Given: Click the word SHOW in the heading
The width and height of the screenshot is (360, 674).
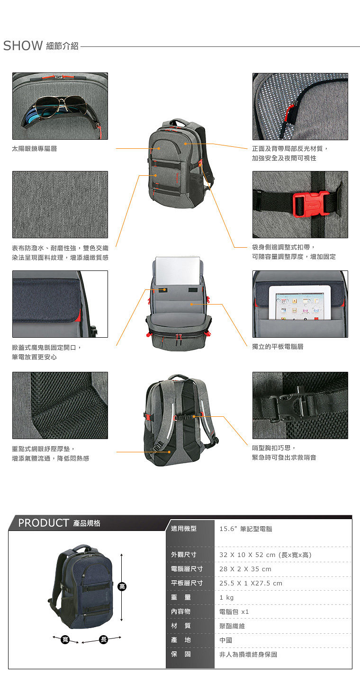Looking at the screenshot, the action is [x=23, y=46].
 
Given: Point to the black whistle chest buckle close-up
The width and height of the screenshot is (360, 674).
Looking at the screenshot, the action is [x=289, y=403].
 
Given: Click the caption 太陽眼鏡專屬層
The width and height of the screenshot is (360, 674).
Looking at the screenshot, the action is [x=34, y=149].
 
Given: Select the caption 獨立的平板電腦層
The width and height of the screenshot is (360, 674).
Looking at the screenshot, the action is [x=278, y=347].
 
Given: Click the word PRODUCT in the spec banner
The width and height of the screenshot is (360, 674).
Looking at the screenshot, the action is [x=44, y=523].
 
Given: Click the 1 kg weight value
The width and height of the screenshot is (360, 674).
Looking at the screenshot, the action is [x=226, y=598].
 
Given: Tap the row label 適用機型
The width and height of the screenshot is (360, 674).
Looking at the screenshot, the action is [x=184, y=529].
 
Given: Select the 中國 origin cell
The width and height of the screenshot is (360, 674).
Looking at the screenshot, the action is [x=226, y=640].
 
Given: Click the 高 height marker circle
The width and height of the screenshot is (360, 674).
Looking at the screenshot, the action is [x=122, y=586].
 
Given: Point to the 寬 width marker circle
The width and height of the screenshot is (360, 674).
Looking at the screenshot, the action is [x=65, y=639].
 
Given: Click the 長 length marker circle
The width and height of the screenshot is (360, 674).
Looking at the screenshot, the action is [x=104, y=639].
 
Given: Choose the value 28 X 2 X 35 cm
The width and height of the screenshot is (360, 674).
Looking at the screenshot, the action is [x=245, y=569].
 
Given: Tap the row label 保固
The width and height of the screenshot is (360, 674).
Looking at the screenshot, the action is [x=180, y=654].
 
